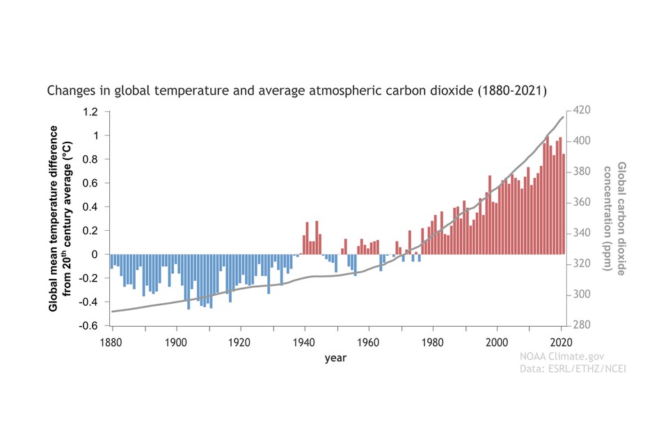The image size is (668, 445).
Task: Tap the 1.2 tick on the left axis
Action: pos(91,111)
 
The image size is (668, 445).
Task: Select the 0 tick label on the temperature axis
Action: pos(95,254)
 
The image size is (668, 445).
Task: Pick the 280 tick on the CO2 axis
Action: pos(582,325)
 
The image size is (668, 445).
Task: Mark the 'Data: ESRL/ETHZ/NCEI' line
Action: pos(573,369)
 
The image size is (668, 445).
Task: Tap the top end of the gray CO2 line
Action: pos(562,117)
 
